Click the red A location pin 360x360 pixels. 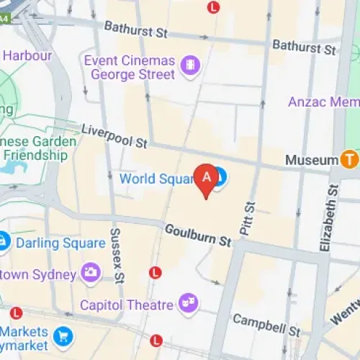point(207,180)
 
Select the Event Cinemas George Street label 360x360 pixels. point(130,67)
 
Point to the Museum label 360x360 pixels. point(311,158)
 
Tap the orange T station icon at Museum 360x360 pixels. point(350,158)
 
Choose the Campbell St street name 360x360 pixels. point(266,325)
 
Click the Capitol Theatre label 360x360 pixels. point(127,305)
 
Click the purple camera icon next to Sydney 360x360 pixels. point(91,272)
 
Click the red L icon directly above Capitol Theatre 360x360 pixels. point(154,272)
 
